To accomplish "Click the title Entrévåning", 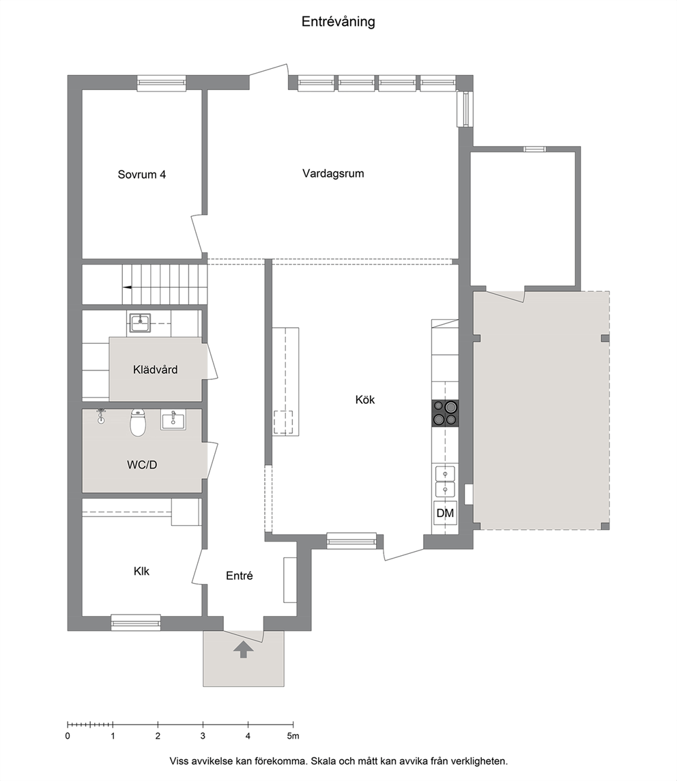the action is (338, 22).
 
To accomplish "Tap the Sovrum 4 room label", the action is (141, 175).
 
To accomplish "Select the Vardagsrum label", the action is (333, 174).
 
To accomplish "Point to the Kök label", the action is (365, 400).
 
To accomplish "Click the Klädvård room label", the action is (155, 370).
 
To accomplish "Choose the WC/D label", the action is (142, 465).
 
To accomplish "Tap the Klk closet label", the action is (141, 572).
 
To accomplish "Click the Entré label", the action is (240, 576).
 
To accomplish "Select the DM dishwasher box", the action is (445, 512).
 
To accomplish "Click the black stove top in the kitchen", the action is (445, 413).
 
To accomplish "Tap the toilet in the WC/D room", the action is (138, 422).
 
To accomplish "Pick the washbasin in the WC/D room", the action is (173, 420).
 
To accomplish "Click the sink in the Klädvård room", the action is (140, 323).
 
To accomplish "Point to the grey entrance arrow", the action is (243, 649).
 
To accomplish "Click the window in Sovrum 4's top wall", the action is (162, 83).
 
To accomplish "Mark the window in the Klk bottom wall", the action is (136, 623).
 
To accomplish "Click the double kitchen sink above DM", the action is (445, 482).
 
